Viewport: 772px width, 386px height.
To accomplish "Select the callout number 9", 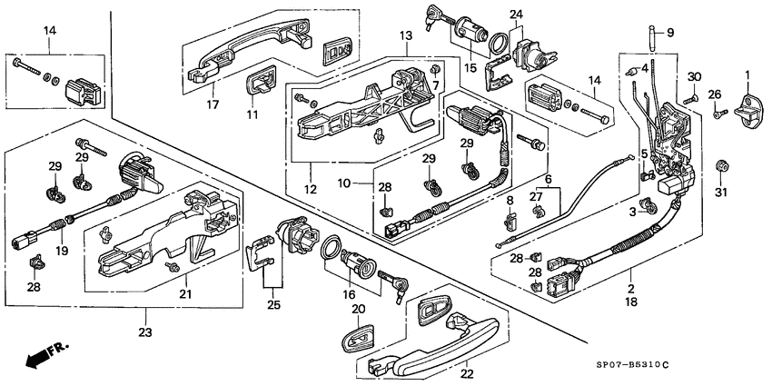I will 671,33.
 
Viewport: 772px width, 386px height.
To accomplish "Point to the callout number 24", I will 516,15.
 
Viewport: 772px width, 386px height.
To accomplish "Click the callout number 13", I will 406,35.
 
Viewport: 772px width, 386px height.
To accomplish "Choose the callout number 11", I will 254,114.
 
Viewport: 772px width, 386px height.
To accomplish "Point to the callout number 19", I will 63,249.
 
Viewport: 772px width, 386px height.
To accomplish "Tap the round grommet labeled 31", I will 723,166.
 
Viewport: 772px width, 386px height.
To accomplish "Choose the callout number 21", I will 185,292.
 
